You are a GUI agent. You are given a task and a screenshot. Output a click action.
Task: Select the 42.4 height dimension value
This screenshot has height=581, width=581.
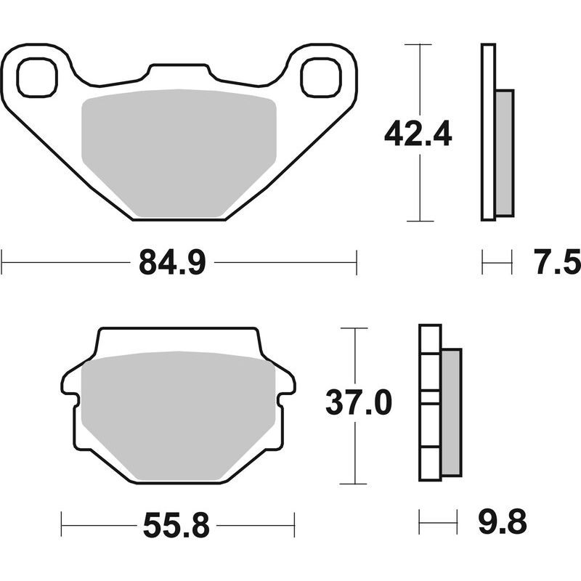[x=418, y=134]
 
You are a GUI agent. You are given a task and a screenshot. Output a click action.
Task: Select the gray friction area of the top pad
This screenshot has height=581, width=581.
[x=179, y=153]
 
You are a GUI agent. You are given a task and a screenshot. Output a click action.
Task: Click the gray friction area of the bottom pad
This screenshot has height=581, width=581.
[x=179, y=418]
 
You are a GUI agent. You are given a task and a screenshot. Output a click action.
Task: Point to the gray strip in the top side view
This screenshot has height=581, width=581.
[x=504, y=153]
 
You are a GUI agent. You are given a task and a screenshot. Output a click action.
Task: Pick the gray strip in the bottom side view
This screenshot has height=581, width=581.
[x=451, y=412]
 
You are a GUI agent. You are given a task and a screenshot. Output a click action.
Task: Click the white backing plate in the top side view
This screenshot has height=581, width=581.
[x=488, y=131]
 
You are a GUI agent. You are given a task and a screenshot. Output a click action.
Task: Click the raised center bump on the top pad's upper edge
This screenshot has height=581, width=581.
[x=179, y=71]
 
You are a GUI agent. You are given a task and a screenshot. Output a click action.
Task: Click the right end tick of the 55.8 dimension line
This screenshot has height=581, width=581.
[x=293, y=523]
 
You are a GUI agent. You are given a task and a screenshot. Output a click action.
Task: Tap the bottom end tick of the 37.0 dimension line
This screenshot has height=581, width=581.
[x=354, y=484]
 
